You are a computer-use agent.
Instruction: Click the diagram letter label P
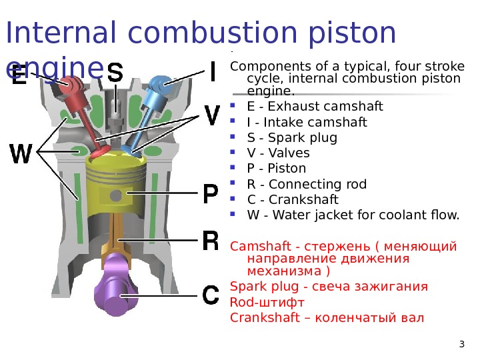(209, 195)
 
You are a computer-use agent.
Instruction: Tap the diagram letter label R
(209, 240)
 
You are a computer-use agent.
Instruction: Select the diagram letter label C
(210, 295)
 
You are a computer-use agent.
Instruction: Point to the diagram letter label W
(21, 155)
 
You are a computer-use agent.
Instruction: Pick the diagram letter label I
(212, 71)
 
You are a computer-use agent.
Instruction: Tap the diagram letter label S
(115, 73)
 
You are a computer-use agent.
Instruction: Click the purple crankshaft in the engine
(120, 289)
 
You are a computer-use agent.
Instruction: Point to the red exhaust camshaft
(71, 86)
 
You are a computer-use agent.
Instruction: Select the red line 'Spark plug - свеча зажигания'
(329, 287)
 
